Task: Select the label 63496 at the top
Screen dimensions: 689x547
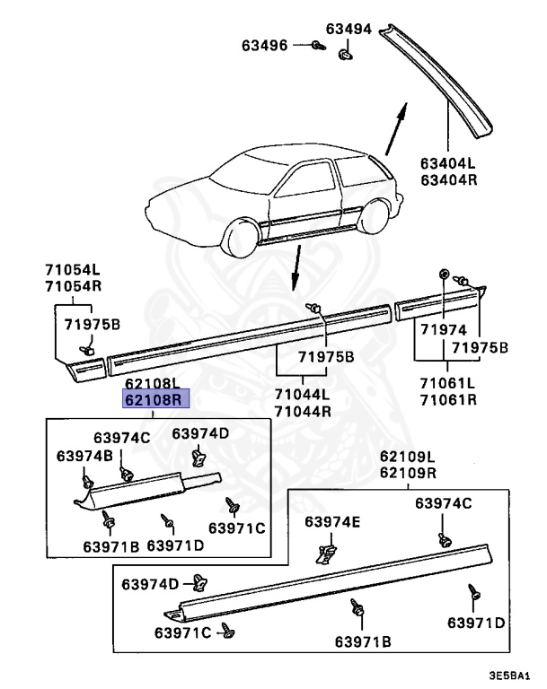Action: click(265, 44)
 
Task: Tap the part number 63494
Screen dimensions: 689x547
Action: click(348, 30)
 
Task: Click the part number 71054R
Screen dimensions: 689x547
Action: click(74, 285)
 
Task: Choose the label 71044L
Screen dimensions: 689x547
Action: click(302, 396)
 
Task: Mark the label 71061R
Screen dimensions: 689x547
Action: click(447, 399)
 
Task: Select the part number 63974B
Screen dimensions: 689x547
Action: click(84, 456)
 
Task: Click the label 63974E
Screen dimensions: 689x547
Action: click(332, 522)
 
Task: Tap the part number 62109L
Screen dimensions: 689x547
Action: click(407, 457)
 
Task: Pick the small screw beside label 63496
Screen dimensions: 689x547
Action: click(316, 44)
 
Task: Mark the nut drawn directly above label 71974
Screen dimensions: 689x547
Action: click(444, 273)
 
